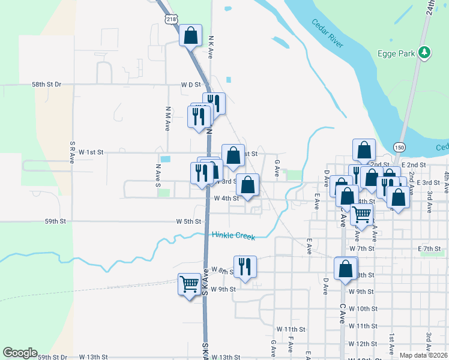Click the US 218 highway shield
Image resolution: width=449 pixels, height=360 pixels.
point(172,20)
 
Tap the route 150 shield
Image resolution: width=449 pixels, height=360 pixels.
point(399,146)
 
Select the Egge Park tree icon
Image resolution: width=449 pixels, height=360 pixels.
point(424,53)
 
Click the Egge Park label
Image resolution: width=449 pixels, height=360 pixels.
point(396,53)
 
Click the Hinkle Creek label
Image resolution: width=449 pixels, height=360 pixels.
point(234,236)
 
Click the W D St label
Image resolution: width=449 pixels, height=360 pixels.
point(190,85)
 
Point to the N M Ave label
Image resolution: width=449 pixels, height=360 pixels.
point(168,119)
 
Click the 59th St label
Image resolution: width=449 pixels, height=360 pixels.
point(55,221)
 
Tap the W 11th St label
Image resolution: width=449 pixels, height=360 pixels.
point(291,329)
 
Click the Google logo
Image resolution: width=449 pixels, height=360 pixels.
point(20,353)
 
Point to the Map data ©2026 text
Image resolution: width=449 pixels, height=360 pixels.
point(423,355)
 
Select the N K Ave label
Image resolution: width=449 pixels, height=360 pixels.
point(211,46)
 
